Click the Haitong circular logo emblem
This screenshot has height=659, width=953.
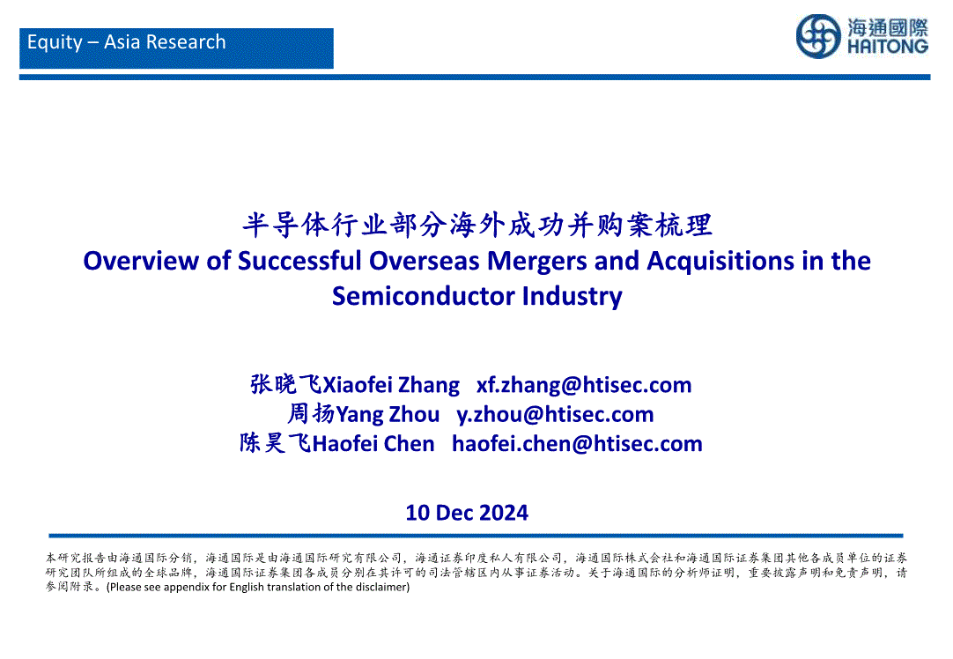(818, 36)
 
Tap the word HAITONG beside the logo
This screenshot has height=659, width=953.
(888, 47)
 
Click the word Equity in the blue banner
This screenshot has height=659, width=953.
(55, 42)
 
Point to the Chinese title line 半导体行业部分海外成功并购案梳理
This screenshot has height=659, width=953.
(477, 225)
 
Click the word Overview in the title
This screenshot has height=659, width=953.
(141, 261)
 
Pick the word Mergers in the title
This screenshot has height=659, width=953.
(536, 262)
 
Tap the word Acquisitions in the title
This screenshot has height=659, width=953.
(720, 262)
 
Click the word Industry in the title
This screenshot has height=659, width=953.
(572, 297)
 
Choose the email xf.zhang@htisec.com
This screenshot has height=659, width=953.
(584, 385)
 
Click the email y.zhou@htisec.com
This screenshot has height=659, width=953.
(555, 415)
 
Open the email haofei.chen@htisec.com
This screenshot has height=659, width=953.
(577, 444)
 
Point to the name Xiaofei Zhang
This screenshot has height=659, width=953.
(391, 385)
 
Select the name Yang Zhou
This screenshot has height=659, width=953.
(388, 415)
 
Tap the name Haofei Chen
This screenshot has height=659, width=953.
(373, 444)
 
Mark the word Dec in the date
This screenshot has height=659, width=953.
(453, 513)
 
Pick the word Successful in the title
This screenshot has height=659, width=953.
(299, 261)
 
